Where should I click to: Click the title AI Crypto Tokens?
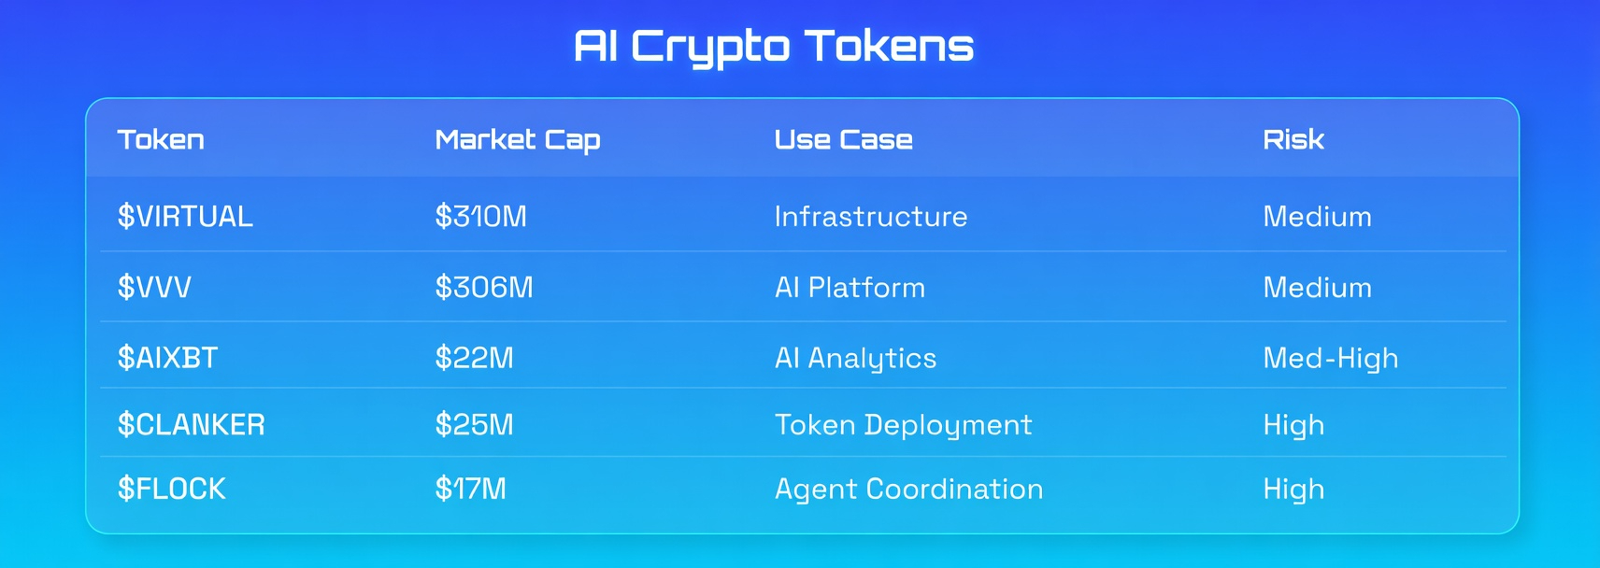(x=774, y=47)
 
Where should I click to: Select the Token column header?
(x=161, y=140)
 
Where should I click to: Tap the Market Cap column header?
(x=518, y=140)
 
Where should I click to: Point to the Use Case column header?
(x=844, y=140)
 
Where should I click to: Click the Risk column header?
(x=1293, y=140)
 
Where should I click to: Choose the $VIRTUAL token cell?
(x=185, y=216)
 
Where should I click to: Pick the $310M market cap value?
(x=480, y=216)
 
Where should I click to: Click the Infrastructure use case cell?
(x=871, y=216)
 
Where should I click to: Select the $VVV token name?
(x=154, y=287)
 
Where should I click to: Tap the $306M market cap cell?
(x=484, y=287)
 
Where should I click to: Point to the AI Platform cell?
(x=850, y=287)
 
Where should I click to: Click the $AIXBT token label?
(x=167, y=358)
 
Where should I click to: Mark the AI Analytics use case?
(x=856, y=359)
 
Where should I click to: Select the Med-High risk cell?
(x=1331, y=359)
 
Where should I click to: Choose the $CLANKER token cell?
(x=192, y=424)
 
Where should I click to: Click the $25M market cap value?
(x=474, y=424)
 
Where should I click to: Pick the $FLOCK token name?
(x=171, y=489)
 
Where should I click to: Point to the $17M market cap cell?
(x=471, y=489)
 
